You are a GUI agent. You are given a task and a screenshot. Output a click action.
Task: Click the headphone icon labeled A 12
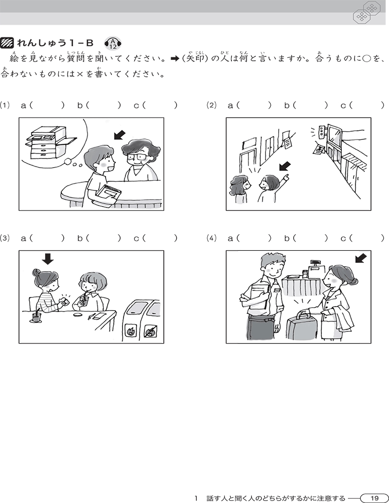112,43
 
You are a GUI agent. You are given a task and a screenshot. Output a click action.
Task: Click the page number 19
374,498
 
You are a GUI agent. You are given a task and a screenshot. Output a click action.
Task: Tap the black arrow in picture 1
120,136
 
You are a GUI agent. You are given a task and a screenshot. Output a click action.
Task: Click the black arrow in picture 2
284,167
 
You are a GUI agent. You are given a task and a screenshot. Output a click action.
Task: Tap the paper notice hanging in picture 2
289,139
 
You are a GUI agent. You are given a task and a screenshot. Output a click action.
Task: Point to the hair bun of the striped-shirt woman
36,273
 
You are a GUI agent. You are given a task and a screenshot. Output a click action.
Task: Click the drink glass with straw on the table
37,316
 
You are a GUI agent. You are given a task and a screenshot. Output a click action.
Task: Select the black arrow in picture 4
361,258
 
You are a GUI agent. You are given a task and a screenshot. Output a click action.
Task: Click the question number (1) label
5,105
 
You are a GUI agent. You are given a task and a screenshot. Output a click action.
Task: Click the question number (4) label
212,238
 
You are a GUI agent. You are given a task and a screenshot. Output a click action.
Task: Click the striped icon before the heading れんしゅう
7,43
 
